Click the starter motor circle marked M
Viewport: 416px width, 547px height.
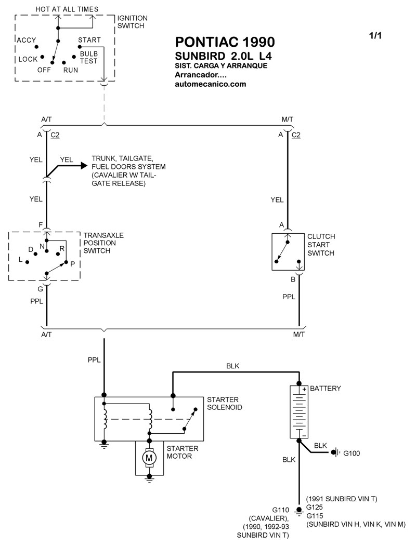pyautogui.click(x=150, y=458)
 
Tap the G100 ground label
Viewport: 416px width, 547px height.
pyautogui.click(x=351, y=453)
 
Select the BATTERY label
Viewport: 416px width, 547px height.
pyautogui.click(x=326, y=389)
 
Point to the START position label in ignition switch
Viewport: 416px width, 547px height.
pyautogui.click(x=89, y=40)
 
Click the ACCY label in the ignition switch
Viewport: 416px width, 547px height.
pyautogui.click(x=26, y=40)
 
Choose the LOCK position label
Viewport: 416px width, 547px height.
pyautogui.click(x=28, y=59)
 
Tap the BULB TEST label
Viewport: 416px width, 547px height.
pyautogui.click(x=88, y=57)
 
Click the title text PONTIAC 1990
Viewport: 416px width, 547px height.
pyautogui.click(x=225, y=42)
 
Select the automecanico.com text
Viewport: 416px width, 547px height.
pyautogui.click(x=211, y=84)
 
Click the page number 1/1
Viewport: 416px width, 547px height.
pyautogui.click(x=375, y=35)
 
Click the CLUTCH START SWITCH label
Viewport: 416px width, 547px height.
pyautogui.click(x=321, y=245)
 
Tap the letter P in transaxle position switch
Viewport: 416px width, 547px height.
pyautogui.click(x=72, y=264)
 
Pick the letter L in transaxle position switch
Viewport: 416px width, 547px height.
pyautogui.click(x=20, y=259)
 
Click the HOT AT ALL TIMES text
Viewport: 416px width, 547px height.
pyautogui.click(x=66, y=9)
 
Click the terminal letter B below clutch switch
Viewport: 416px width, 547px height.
pyautogui.click(x=293, y=279)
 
